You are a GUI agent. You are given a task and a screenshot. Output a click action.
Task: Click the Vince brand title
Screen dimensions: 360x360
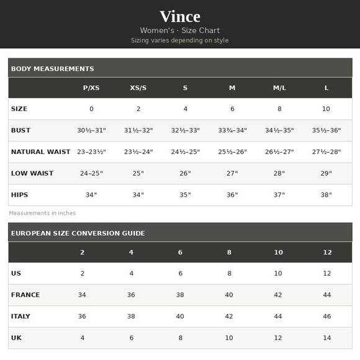pyautogui.click(x=180, y=16)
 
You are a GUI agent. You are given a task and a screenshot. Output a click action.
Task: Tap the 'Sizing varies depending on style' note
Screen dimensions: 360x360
pyautogui.click(x=180, y=40)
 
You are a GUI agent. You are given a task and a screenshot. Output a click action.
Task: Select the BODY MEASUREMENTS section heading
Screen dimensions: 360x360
pyautogui.click(x=53, y=68)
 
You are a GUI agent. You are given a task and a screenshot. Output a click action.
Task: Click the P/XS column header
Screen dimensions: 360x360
pyautogui.click(x=91, y=88)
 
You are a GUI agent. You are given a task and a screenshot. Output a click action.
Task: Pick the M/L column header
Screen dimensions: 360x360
pyautogui.click(x=279, y=88)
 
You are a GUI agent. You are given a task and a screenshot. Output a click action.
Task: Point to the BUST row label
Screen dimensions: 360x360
pyautogui.click(x=20, y=130)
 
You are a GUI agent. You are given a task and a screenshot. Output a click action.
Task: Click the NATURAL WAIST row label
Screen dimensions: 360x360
pyautogui.click(x=41, y=152)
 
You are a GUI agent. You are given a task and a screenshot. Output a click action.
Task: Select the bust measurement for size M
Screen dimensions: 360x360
pyautogui.click(x=232, y=130)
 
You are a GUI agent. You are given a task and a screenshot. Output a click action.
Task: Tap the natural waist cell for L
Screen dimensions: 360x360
pyautogui.click(x=326, y=152)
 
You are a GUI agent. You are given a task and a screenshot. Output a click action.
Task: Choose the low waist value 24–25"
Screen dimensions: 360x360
pyautogui.click(x=91, y=173)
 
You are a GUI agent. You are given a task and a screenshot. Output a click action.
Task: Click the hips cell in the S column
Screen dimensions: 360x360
pyautogui.click(x=185, y=195)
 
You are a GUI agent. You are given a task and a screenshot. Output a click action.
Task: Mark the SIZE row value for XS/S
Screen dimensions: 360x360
pyautogui.click(x=138, y=109)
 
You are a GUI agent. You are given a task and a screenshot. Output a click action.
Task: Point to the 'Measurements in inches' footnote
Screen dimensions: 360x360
pyautogui.click(x=42, y=213)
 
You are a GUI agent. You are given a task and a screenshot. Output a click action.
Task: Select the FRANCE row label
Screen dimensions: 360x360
pyautogui.click(x=25, y=295)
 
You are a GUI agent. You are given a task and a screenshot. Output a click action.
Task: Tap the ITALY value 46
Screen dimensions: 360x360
pyautogui.click(x=326, y=317)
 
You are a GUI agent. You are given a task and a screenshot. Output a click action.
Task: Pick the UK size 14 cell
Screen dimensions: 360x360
pyautogui.click(x=326, y=338)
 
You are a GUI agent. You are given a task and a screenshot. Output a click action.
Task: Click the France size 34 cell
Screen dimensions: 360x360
pyautogui.click(x=82, y=295)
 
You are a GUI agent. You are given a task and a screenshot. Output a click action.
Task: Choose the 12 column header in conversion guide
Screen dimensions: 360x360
pyautogui.click(x=326, y=252)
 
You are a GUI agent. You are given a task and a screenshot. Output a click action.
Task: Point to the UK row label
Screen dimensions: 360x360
pyautogui.click(x=16, y=338)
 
